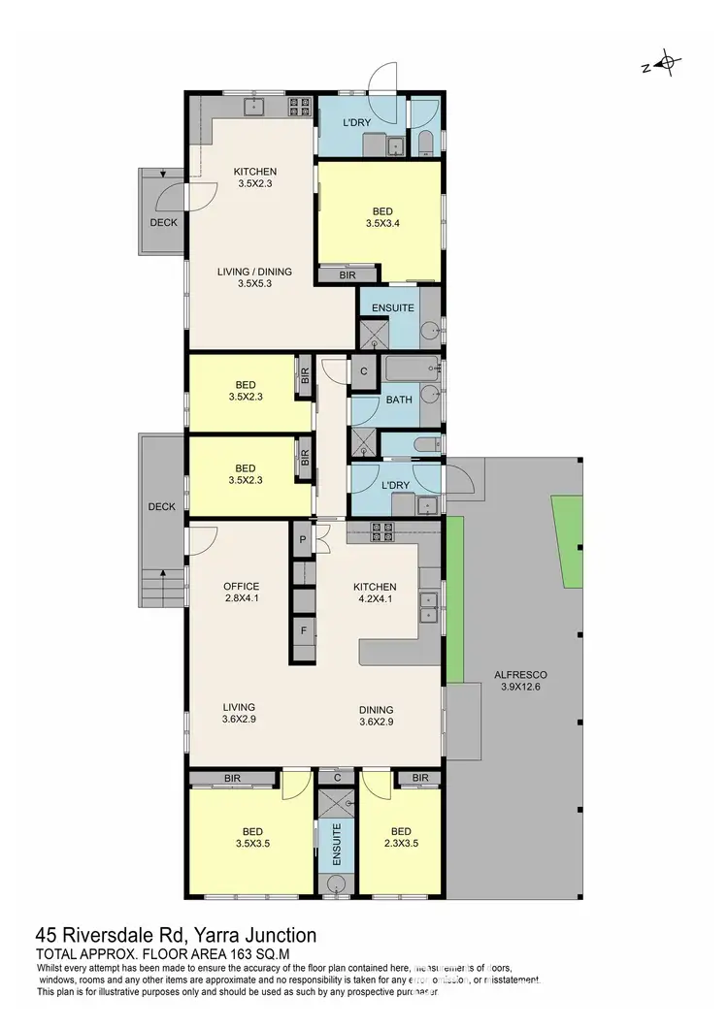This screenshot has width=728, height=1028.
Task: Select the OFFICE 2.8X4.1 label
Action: (241, 593)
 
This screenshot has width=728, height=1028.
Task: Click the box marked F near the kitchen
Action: (304, 630)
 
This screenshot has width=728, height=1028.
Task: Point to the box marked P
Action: (304, 540)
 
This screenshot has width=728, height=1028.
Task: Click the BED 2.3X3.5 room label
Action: (401, 838)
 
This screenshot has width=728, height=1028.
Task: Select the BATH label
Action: (399, 400)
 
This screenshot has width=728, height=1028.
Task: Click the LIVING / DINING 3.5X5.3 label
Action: (255, 278)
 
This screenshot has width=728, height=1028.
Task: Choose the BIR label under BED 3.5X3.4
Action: (347, 275)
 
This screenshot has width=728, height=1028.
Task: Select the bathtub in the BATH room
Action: (411, 370)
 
